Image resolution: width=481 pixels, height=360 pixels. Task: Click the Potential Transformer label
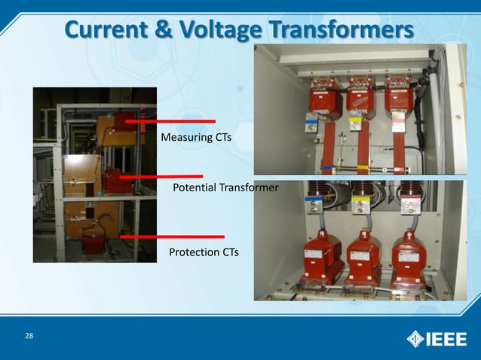(x=225, y=186)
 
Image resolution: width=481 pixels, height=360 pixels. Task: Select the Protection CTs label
(x=203, y=252)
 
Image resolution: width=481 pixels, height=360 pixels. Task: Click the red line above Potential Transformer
(x=161, y=176)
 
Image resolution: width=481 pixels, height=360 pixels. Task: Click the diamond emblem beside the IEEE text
(x=415, y=338)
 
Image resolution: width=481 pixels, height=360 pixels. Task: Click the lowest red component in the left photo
(x=94, y=243)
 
